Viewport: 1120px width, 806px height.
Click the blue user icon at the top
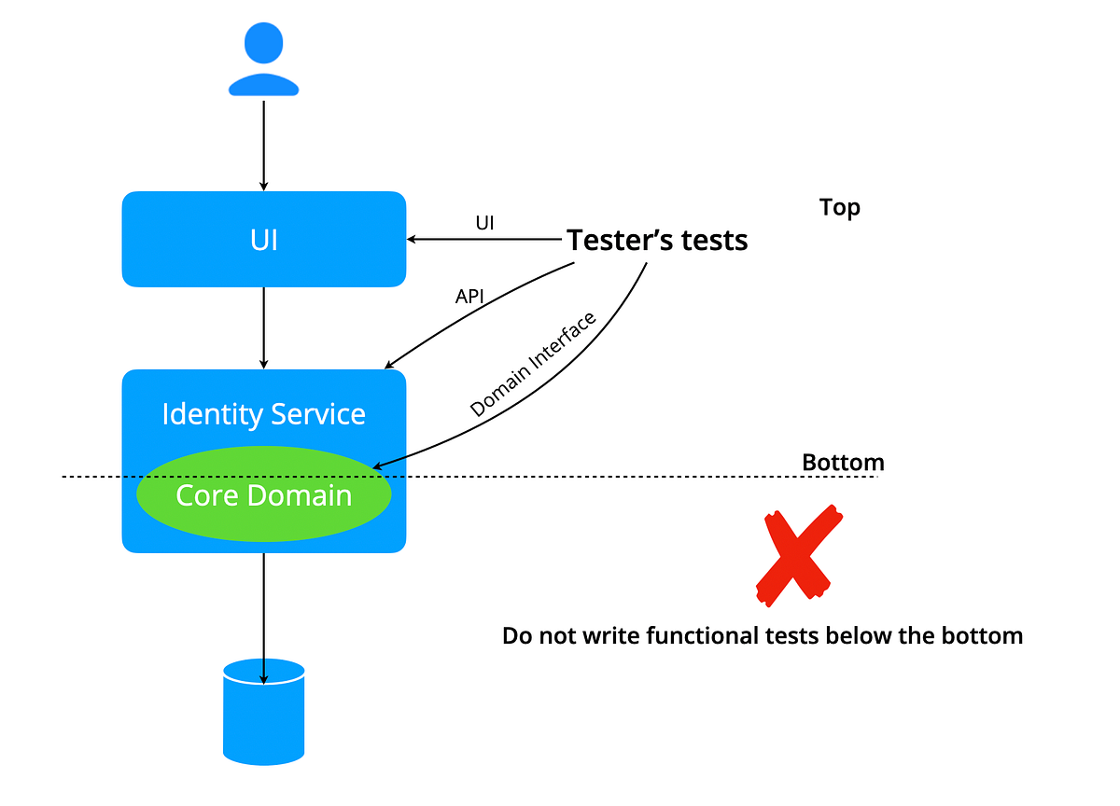click(x=264, y=62)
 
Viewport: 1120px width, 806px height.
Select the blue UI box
click(x=264, y=240)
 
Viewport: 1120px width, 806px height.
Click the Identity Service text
click(x=264, y=414)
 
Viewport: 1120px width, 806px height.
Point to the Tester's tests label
click(x=657, y=241)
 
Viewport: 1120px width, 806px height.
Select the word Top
click(x=839, y=207)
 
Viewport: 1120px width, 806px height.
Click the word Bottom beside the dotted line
click(x=843, y=463)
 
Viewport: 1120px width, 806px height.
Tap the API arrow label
click(x=469, y=297)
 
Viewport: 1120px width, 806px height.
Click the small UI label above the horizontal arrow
click(x=484, y=223)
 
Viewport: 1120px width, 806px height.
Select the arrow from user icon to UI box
click(x=264, y=144)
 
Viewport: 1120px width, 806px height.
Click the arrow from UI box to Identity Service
click(x=264, y=327)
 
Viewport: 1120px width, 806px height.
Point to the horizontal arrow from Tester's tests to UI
click(x=485, y=240)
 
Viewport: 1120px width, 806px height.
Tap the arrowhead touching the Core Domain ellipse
click(x=378, y=465)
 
